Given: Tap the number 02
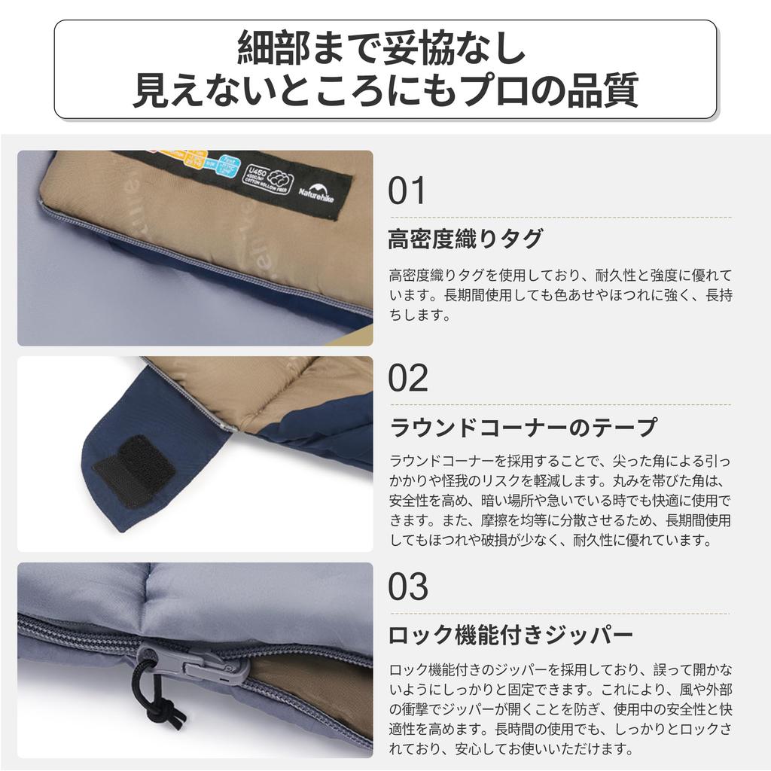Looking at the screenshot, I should click(408, 377).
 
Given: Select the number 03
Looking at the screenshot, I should click(408, 585).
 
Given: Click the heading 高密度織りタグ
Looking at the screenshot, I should click(465, 239).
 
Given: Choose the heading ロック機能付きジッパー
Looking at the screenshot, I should click(510, 635).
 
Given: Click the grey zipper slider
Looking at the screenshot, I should click(192, 662).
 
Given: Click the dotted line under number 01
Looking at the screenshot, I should click(560, 217).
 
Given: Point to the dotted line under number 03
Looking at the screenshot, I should click(560, 612).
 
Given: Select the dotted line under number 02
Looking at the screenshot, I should click(560, 404).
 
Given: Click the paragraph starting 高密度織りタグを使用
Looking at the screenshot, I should click(559, 295).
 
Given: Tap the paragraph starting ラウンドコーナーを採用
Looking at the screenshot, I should click(559, 500).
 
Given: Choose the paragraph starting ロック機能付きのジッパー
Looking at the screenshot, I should click(559, 709).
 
